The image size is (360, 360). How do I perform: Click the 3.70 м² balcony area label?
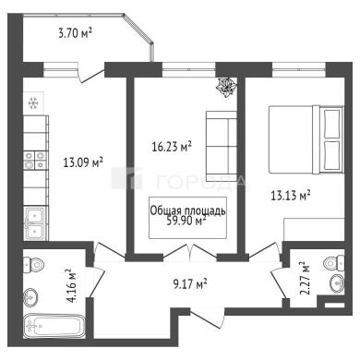point(76,32)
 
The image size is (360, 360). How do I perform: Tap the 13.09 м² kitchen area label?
point(83,162)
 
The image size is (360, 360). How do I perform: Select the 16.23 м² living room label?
point(172,147)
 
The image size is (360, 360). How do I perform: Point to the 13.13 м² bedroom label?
point(290,195)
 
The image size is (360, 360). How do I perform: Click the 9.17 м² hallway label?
point(189,283)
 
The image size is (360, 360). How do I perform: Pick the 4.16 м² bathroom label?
point(71,285)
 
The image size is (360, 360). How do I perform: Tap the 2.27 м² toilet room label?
point(304,278)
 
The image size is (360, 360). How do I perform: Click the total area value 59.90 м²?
point(186,221)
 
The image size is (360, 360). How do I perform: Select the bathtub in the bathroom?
point(54,326)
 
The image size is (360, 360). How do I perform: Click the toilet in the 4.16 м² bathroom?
point(34,264)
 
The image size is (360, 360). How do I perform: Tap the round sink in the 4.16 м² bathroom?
point(31,297)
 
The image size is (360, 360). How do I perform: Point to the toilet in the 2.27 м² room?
point(334,262)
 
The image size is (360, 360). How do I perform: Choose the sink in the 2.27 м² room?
point(337,283)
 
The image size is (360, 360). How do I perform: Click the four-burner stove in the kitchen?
point(35,161)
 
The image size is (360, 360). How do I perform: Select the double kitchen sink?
point(35,223)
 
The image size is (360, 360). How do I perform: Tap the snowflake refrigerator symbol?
point(33,103)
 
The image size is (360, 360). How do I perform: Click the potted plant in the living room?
point(227,87)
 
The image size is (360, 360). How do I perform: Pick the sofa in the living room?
point(222,146)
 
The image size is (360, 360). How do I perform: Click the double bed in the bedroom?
point(306,139)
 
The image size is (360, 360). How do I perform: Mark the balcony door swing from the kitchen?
point(90,76)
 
